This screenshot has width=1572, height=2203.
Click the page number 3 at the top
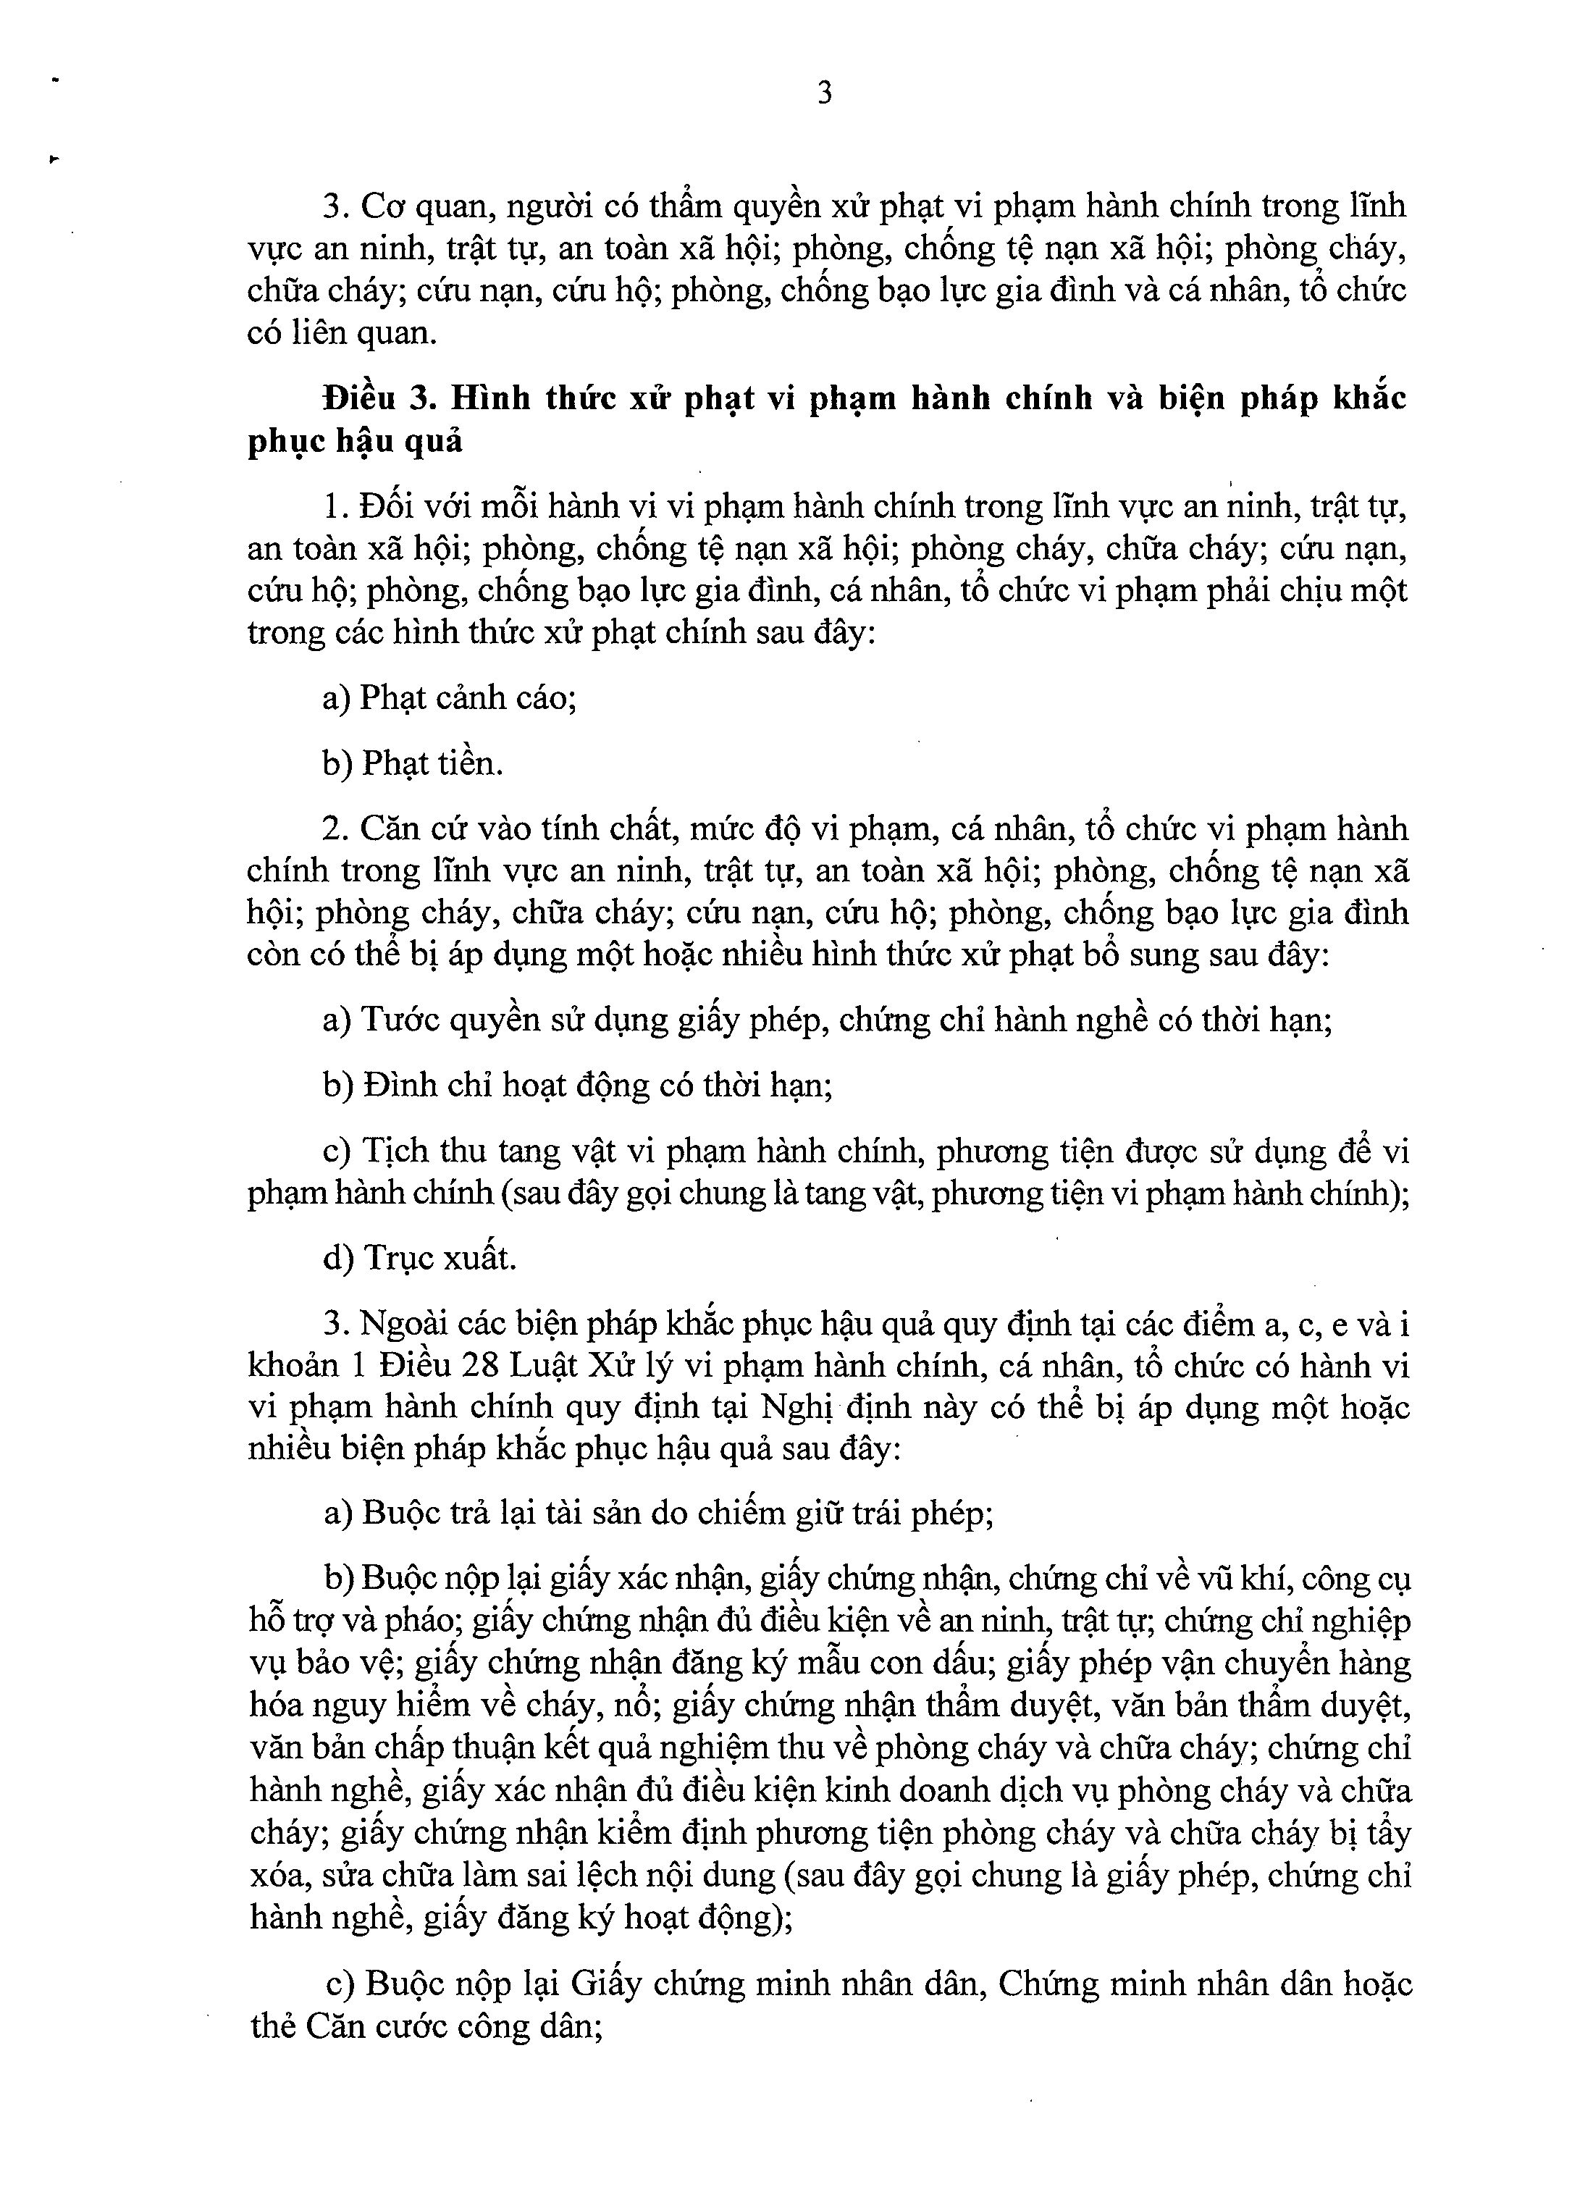pos(825,94)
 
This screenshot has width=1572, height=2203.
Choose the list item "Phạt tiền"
pos(433,764)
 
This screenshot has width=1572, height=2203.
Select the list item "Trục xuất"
pos(440,1257)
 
